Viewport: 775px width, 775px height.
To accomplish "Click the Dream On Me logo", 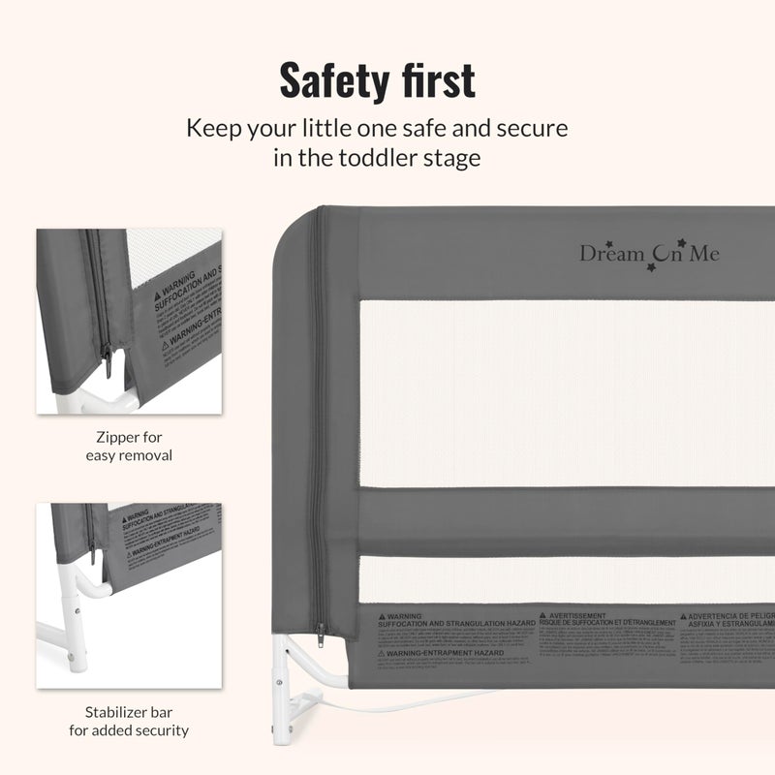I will pos(649,253).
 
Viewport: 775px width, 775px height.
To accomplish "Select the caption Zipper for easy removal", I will pos(129,446).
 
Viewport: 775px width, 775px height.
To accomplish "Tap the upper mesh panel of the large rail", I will pos(567,392).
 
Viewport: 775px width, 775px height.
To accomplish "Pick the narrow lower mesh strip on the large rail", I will pos(567,579).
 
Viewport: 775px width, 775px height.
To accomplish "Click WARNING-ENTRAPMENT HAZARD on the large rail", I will pos(436,654).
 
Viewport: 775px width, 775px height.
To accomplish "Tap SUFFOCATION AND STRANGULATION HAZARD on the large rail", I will pos(455,625).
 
